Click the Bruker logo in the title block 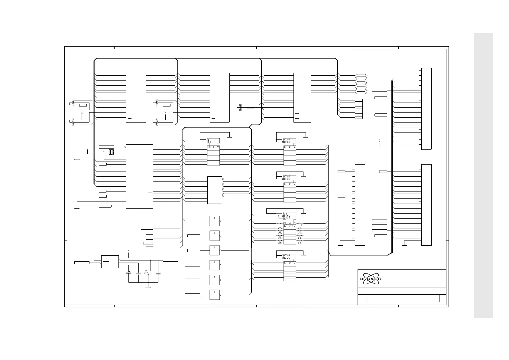(370, 279)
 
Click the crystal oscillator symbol (111, 152)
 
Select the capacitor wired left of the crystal (88, 152)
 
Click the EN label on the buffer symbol (209, 139)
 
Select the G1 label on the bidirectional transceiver (285, 213)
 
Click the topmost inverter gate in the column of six (215, 221)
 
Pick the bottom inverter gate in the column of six (215, 295)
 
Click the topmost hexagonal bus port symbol (361, 75)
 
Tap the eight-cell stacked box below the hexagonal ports (359, 109)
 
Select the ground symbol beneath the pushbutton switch (148, 287)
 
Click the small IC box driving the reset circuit (110, 262)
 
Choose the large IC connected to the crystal (139, 176)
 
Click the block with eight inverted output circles (215, 190)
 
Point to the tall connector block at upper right (426, 109)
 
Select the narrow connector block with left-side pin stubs (360, 205)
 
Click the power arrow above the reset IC (129, 251)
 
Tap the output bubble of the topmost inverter (221, 221)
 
